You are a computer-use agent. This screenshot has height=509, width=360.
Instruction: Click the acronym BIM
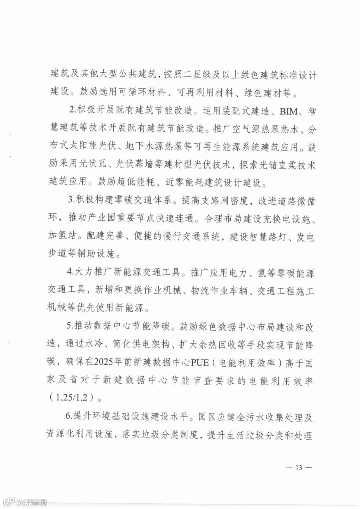pos(289,111)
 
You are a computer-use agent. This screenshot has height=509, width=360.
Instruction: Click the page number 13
pos(298,468)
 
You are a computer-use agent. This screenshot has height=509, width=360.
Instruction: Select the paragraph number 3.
pos(70,201)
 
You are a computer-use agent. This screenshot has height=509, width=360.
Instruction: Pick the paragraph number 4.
pos(70,273)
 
